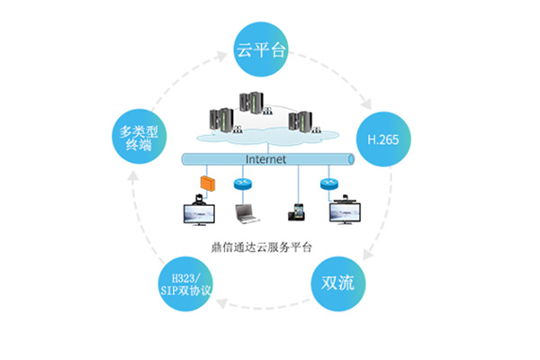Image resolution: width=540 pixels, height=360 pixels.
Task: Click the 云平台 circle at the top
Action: pyautogui.click(x=261, y=49)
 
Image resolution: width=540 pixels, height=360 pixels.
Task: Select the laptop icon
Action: pyautogui.click(x=246, y=213)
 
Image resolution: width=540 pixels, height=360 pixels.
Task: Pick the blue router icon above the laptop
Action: pyautogui.click(x=242, y=184)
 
